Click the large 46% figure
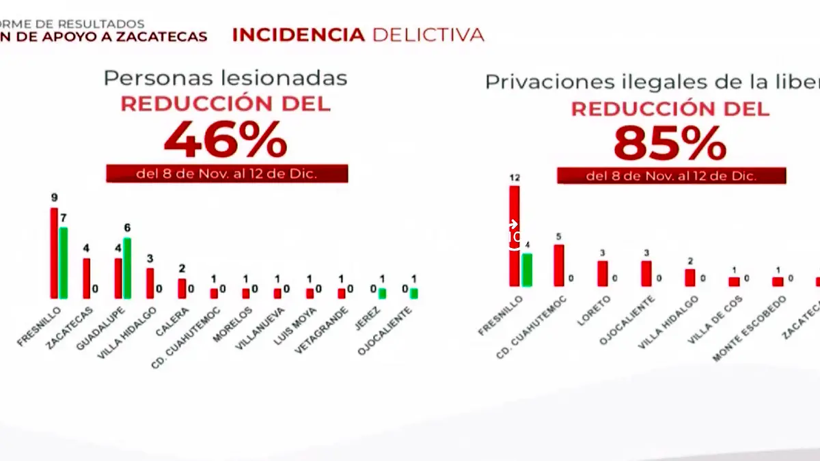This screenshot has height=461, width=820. coord(225,141)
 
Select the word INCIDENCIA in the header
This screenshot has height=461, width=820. coord(299,36)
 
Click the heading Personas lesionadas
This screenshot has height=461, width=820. coord(225,78)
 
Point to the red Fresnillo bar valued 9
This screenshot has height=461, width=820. coord(54,253)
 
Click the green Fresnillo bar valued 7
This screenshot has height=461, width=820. coord(64,263)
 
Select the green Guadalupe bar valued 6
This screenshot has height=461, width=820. coord(127,268)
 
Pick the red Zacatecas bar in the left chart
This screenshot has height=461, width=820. coord(86,278)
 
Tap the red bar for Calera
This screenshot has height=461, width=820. coord(182,288)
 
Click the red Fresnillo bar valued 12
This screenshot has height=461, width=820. coord(514,236)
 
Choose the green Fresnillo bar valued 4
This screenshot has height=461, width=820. coord(527,270)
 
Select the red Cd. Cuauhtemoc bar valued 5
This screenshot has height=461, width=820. coord(558,265)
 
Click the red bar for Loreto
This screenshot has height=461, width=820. coord(602,273)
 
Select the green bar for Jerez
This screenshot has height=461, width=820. coord(383,293)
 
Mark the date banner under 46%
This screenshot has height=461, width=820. coord(227,173)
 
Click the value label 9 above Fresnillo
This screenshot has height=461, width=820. coord(54,199)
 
